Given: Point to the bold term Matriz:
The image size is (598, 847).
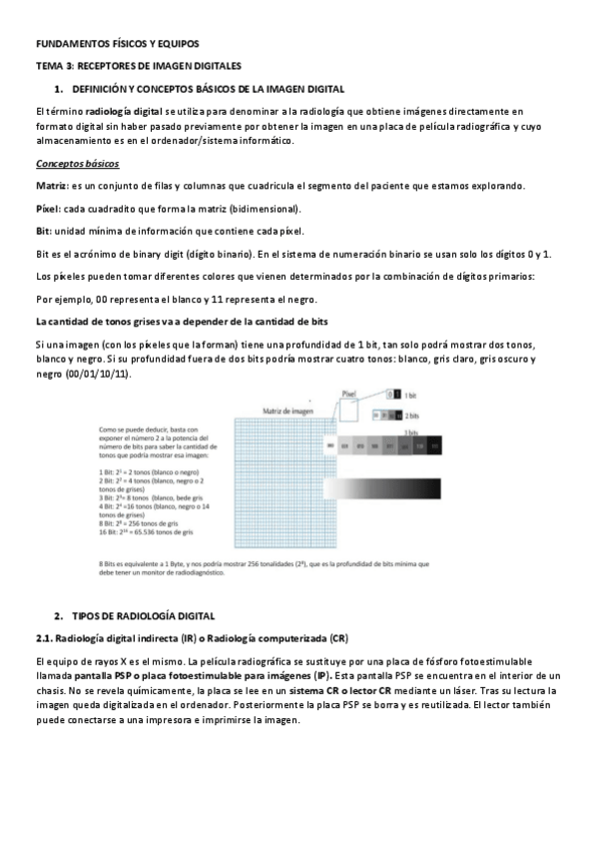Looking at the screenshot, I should tap(51, 187).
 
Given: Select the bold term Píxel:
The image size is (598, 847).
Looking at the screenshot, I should tap(47, 209).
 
